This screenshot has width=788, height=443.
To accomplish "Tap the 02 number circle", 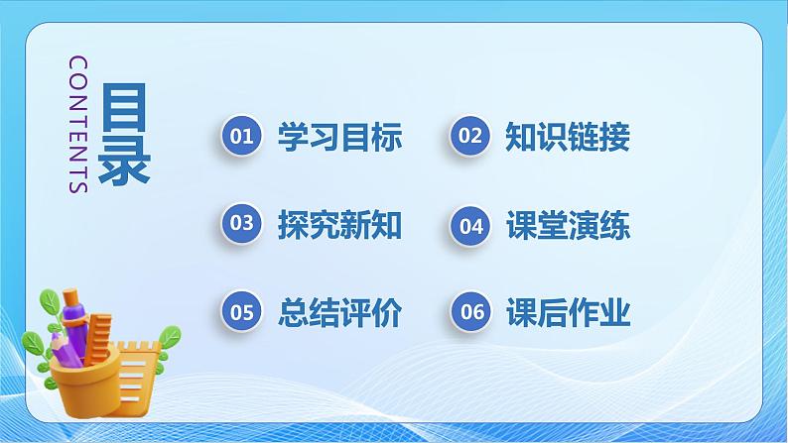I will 471,137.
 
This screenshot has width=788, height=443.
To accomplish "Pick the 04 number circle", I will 471,225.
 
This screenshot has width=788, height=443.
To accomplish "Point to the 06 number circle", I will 471,313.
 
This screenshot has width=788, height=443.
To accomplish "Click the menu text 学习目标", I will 339,137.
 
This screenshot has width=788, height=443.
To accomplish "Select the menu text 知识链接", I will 567,137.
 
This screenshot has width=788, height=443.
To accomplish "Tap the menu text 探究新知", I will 339,225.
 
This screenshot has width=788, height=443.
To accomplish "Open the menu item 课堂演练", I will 567,225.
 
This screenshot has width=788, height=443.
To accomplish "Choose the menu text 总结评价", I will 339,313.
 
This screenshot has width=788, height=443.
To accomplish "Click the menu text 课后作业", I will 567,313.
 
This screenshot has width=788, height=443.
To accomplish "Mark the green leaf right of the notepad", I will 172,337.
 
